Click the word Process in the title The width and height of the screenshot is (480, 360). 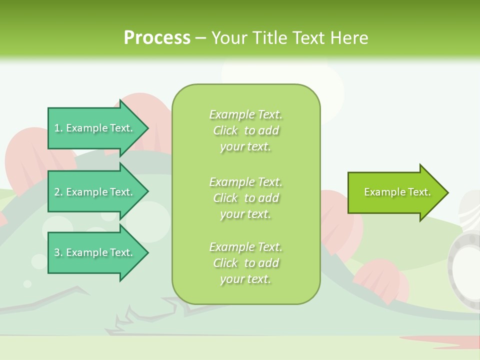coord(157,38)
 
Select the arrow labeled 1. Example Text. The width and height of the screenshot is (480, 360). coord(95,128)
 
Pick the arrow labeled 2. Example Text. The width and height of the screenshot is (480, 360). coord(95,192)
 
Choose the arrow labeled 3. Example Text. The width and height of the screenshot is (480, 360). coord(95,252)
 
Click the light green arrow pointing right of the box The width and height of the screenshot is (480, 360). coord(395,192)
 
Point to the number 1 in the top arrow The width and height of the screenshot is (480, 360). coord(57,128)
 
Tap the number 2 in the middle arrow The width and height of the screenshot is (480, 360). coord(57,192)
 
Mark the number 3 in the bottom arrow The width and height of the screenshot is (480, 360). coord(57,252)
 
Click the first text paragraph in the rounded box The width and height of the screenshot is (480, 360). coord(245,130)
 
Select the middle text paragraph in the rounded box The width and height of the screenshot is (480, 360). coord(245,198)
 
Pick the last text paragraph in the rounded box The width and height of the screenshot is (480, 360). coord(245,263)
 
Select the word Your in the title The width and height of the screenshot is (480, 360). coord(228,38)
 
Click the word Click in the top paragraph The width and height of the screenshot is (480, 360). coord(225,130)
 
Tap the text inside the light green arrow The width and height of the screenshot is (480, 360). coord(397,192)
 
